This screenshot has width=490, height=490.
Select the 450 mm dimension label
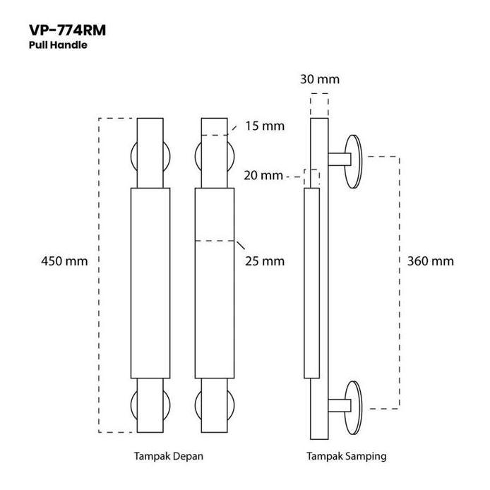click(x=65, y=261)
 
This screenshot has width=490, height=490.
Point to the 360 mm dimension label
click(x=431, y=261)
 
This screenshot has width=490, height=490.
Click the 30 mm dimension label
click(x=319, y=79)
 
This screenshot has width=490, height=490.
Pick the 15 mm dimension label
click(x=264, y=126)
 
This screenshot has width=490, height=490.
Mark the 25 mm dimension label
click(x=265, y=261)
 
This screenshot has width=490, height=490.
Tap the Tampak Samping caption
click(x=346, y=456)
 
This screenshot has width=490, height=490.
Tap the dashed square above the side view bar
click(x=319, y=104)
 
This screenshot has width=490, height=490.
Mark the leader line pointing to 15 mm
click(x=234, y=129)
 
